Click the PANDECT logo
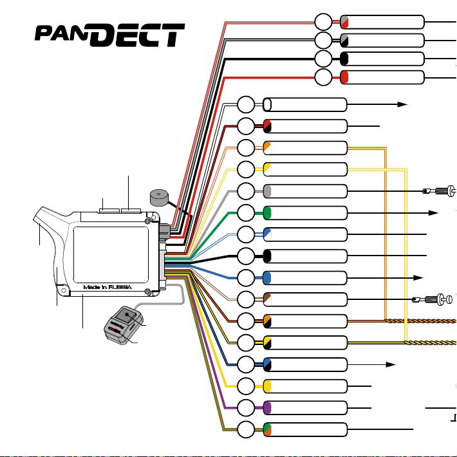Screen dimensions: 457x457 (x=109, y=35)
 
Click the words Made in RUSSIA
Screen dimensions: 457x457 (x=107, y=287)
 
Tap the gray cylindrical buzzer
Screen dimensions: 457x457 (x=159, y=198)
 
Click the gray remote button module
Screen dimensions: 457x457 (x=124, y=325)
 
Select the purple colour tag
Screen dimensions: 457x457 (x=267, y=407)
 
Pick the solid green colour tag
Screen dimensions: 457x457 (x=267, y=213)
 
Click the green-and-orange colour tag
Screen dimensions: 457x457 (x=267, y=429)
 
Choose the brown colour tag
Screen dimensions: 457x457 (x=267, y=299)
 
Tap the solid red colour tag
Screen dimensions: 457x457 (x=344, y=77)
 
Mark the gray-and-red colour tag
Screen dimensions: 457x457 (x=344, y=22)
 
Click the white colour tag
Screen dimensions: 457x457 (x=267, y=105)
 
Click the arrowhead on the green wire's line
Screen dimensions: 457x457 (x=433, y=213)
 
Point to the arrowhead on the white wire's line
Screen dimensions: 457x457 (x=402, y=104)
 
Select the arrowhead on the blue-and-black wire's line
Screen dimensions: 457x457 (x=391, y=364)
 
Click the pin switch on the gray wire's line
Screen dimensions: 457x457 (x=439, y=191)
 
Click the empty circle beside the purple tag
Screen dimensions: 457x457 (x=246, y=407)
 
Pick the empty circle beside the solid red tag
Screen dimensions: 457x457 (x=323, y=77)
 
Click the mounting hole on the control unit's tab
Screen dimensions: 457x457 (x=64, y=290)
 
